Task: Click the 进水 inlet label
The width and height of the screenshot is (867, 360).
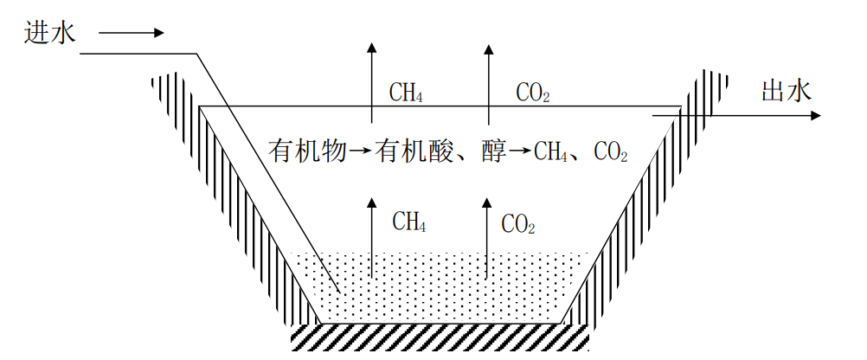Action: (50, 33)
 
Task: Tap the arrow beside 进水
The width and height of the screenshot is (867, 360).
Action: (131, 34)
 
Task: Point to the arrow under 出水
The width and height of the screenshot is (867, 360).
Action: (735, 114)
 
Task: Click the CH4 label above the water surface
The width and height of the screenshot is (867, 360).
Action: (406, 92)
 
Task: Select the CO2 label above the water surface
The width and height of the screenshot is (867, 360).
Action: (533, 92)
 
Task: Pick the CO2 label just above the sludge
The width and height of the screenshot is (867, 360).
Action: (518, 225)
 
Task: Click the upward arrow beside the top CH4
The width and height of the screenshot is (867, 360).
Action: (372, 82)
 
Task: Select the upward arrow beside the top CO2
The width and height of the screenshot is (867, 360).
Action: (488, 82)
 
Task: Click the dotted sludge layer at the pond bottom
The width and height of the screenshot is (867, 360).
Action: (441, 290)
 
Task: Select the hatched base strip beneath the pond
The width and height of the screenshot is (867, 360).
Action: (441, 336)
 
